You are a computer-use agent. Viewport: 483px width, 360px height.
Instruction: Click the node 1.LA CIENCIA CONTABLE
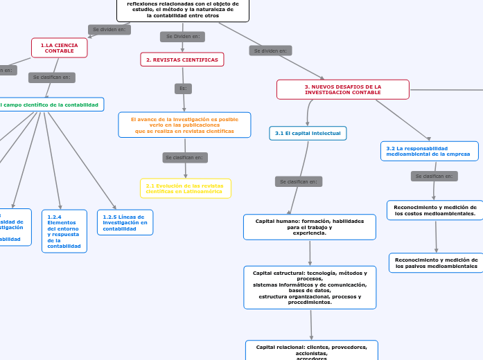(x=60, y=48)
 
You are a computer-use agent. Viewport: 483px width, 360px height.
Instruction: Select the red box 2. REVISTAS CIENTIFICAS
(x=182, y=60)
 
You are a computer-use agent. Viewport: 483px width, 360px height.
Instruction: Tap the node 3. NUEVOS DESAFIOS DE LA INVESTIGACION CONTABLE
(x=343, y=89)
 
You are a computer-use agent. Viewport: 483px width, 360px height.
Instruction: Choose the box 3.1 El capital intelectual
(x=308, y=133)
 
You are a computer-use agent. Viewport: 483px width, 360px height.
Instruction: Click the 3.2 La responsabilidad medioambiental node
(x=429, y=151)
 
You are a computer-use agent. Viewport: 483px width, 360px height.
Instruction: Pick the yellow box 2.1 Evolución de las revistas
(x=185, y=188)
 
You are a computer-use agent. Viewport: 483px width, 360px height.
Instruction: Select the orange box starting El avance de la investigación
(x=184, y=125)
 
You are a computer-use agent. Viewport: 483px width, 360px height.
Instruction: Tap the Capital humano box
(x=310, y=227)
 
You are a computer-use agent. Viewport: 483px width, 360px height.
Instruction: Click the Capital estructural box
(x=310, y=287)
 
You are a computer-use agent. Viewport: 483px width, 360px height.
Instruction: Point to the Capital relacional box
(x=312, y=350)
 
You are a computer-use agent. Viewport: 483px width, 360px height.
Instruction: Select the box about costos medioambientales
(x=435, y=210)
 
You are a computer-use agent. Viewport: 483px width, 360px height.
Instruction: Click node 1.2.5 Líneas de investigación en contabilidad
(x=125, y=223)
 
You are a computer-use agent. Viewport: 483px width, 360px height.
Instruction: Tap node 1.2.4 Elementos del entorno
(x=64, y=231)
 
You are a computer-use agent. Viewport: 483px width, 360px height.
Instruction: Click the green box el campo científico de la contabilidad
(x=51, y=105)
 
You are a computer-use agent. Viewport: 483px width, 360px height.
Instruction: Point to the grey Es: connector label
(x=183, y=89)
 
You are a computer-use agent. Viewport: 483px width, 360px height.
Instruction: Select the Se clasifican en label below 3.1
(x=299, y=181)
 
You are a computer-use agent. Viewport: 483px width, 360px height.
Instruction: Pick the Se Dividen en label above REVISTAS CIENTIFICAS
(x=182, y=36)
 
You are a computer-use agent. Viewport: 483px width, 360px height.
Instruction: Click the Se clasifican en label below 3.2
(x=434, y=177)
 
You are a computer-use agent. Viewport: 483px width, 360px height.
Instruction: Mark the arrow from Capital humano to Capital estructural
(x=310, y=253)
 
